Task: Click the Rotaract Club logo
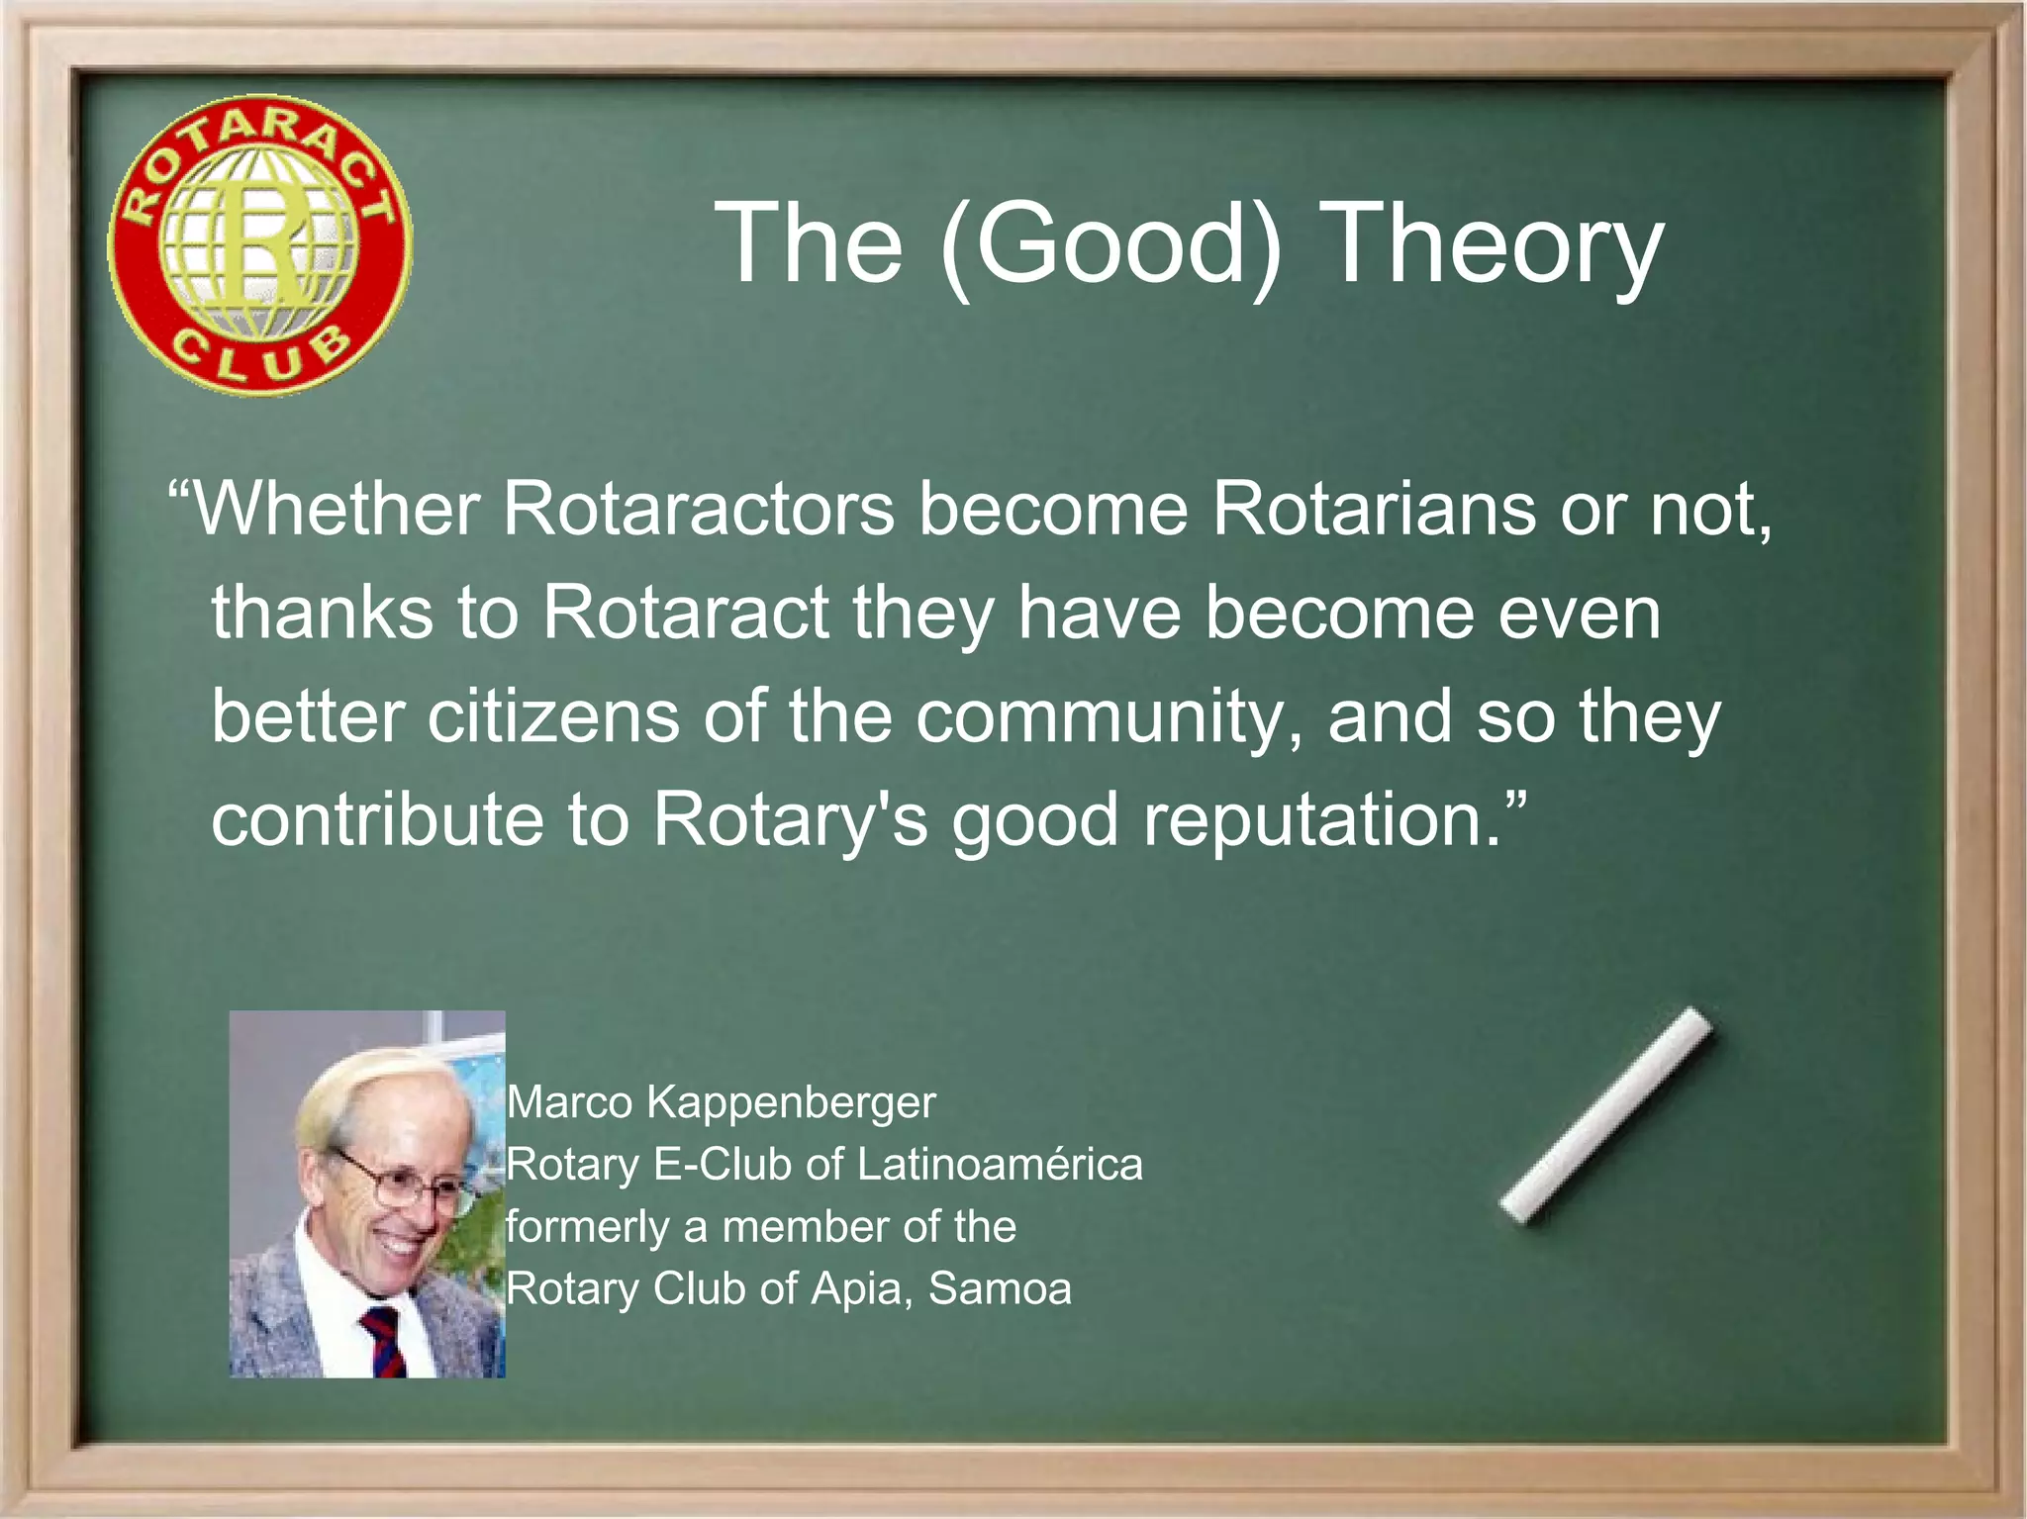point(259,245)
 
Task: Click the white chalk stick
point(1605,1115)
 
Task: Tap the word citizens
point(553,716)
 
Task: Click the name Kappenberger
point(791,1102)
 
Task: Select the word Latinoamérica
point(1000,1165)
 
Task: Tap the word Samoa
point(1000,1288)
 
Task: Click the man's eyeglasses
point(401,1182)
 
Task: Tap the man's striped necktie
point(384,1340)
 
